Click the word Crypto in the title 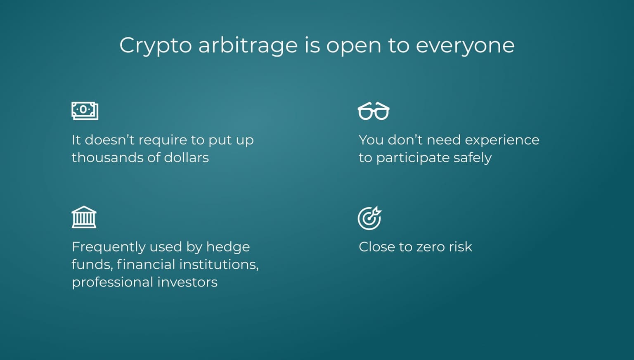(155, 46)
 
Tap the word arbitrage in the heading (248, 46)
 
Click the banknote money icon (85, 111)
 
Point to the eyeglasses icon (374, 111)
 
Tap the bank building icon (84, 217)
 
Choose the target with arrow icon (370, 218)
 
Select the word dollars (186, 158)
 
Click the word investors (187, 282)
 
